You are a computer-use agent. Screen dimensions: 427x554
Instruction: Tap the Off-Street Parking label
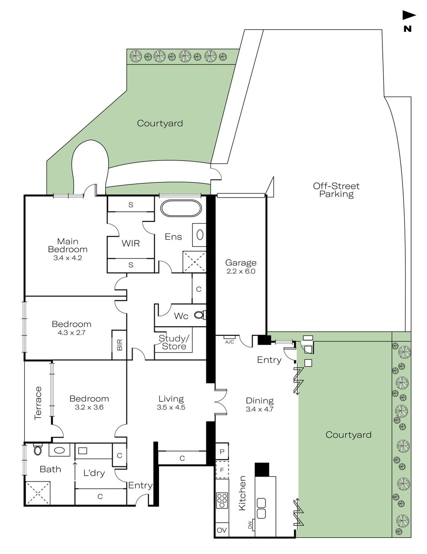click(x=336, y=190)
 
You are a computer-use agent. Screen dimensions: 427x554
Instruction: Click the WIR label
click(x=131, y=244)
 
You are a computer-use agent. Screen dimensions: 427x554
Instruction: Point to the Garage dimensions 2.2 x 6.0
click(x=241, y=271)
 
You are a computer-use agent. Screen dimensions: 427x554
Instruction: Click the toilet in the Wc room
click(x=200, y=315)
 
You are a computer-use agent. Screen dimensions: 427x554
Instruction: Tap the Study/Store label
click(x=174, y=342)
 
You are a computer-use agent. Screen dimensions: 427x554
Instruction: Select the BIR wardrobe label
click(x=120, y=345)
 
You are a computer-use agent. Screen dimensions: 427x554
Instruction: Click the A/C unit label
click(x=229, y=342)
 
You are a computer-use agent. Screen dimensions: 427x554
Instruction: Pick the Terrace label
click(x=38, y=403)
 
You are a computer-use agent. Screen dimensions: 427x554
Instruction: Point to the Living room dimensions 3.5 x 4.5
click(x=171, y=407)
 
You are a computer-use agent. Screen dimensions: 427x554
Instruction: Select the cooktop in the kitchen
click(x=222, y=501)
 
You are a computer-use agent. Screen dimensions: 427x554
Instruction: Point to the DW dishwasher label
click(x=250, y=525)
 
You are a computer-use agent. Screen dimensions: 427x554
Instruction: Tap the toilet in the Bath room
click(x=37, y=450)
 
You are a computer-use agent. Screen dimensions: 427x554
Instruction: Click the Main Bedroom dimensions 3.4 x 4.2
click(x=68, y=258)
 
